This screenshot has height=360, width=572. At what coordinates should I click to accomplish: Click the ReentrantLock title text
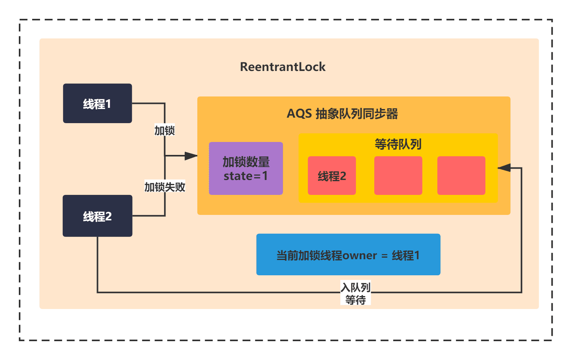(283, 67)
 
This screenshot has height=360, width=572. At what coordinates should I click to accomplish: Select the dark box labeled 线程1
(98, 104)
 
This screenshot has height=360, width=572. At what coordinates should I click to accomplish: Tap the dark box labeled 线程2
(98, 216)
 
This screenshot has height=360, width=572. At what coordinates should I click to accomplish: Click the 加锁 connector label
(164, 131)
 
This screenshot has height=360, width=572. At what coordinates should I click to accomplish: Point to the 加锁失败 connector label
(165, 187)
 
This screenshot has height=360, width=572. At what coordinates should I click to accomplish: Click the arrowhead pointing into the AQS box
(191, 156)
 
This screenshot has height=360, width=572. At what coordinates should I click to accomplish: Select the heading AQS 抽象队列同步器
(342, 114)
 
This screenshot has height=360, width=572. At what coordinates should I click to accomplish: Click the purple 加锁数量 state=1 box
(246, 169)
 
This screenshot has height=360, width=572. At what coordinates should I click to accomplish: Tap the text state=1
(246, 176)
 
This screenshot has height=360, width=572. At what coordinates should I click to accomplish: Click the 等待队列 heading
(398, 144)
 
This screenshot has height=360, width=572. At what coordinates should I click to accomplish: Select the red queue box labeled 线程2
(332, 175)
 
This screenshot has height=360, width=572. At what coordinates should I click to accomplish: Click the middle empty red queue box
(398, 175)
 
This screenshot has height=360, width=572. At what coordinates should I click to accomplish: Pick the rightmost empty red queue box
(461, 175)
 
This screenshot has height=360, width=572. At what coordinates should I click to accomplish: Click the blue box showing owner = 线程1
(348, 254)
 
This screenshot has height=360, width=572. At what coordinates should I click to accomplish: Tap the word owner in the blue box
(359, 256)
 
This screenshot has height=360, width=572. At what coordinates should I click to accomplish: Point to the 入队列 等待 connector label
(355, 293)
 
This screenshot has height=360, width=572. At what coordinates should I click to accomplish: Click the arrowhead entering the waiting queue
(504, 168)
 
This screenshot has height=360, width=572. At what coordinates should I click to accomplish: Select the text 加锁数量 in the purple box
(246, 162)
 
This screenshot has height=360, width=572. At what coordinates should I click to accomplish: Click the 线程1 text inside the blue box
(406, 256)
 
